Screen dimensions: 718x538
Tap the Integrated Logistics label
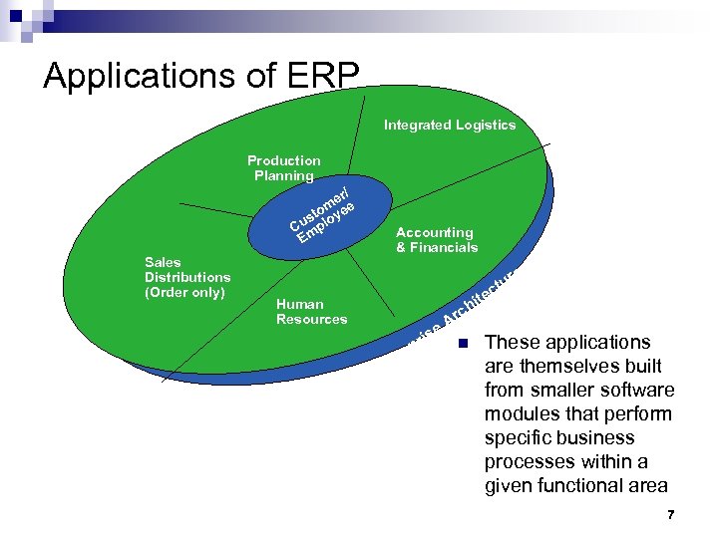click(450, 126)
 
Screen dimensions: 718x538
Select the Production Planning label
click(284, 168)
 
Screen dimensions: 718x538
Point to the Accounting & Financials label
click(436, 240)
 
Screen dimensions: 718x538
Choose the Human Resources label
click(311, 312)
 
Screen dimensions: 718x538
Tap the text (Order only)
click(185, 292)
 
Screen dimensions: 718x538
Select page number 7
click(671, 515)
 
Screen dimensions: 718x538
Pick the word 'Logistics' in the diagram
click(486, 126)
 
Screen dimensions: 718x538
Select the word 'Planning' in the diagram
click(284, 176)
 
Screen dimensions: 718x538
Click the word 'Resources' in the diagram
click(311, 319)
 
